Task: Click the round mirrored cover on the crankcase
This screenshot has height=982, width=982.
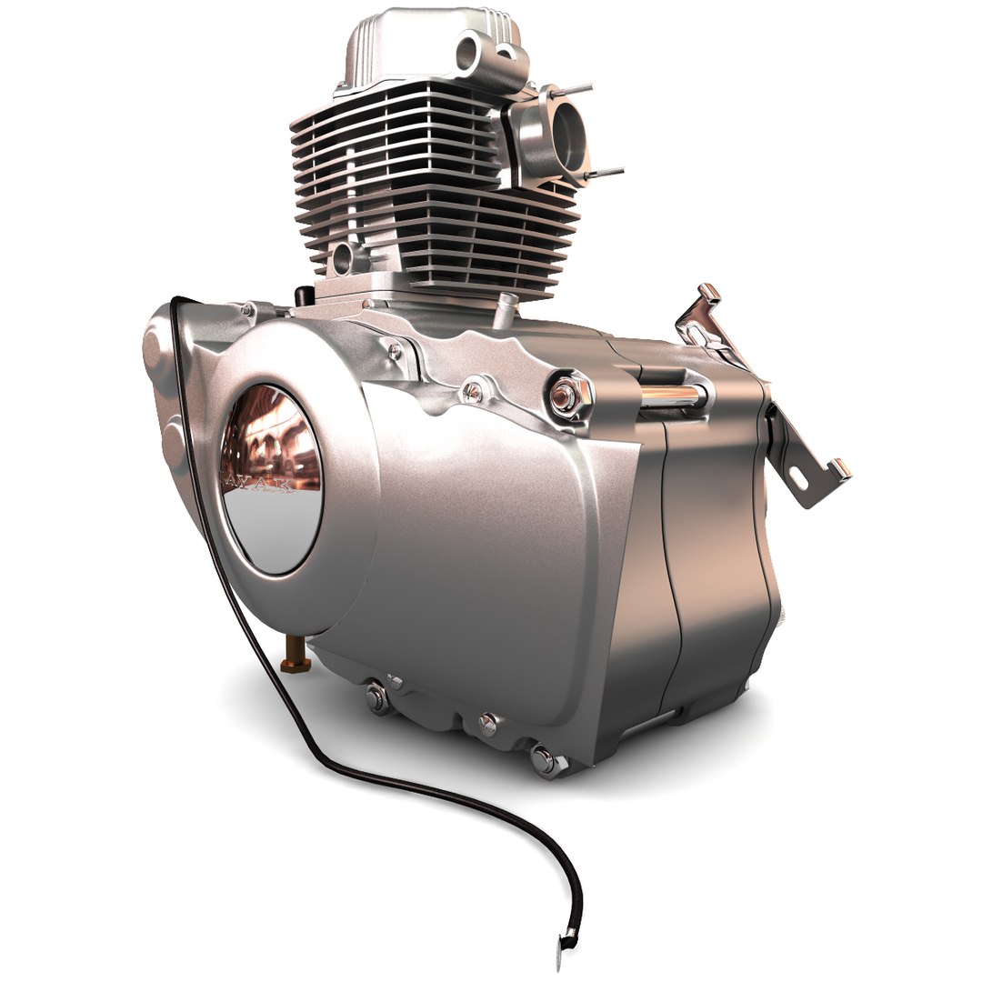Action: [271, 478]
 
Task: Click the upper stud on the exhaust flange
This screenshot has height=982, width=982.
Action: [575, 90]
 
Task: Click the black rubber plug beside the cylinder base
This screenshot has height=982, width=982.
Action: [305, 294]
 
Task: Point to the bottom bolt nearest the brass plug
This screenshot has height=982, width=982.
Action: [376, 696]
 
